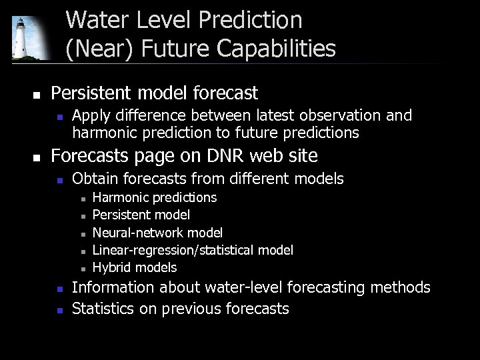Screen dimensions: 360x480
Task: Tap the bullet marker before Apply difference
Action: (x=59, y=117)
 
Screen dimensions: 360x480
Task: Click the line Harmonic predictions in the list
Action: (x=154, y=197)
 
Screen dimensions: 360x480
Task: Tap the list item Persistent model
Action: (x=141, y=215)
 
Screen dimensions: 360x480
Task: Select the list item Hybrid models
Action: (x=135, y=267)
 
